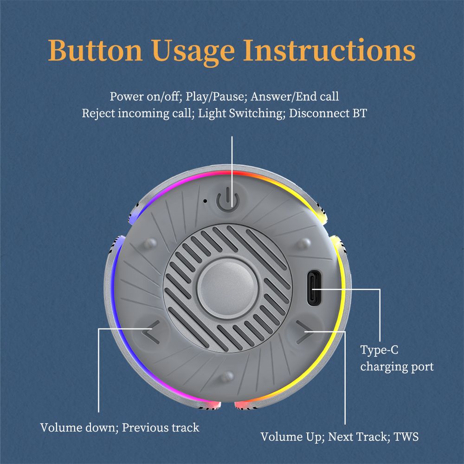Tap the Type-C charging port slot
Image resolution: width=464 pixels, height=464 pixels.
pyautogui.click(x=314, y=288)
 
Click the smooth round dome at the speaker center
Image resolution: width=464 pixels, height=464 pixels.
pyautogui.click(x=227, y=289)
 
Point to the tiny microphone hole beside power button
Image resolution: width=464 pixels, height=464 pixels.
pyautogui.click(x=205, y=201)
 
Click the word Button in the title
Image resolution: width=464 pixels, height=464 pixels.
pyautogui.click(x=95, y=50)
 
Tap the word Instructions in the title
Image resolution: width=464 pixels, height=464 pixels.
pyautogui.click(x=329, y=50)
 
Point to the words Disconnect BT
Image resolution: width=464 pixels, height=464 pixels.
pyautogui.click(x=328, y=113)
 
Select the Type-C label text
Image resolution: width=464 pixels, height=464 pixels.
pyautogui.click(x=379, y=350)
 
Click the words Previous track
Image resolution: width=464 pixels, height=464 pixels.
pyautogui.click(x=161, y=428)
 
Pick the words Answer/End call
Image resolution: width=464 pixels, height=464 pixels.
pyautogui.click(x=295, y=97)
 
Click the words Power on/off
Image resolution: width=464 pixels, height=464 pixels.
pyautogui.click(x=146, y=97)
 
